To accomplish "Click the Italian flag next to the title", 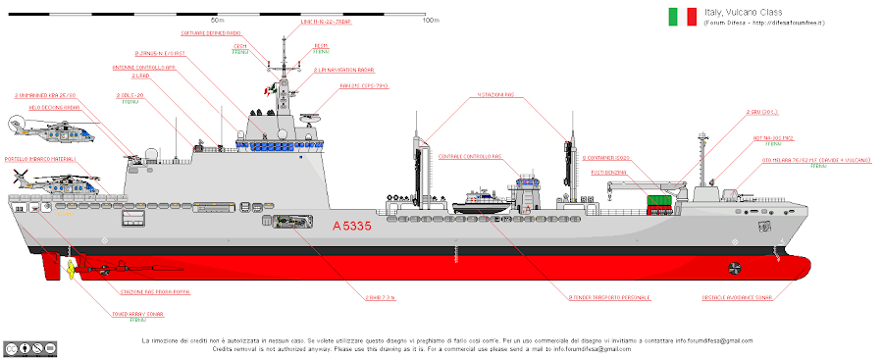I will point(683,17).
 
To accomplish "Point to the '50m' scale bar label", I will point(217,20).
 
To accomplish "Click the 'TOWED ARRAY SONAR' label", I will point(136,315).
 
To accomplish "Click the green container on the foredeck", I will point(657,203).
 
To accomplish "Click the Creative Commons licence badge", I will point(27,348).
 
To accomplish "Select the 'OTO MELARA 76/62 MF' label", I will point(811,159).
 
